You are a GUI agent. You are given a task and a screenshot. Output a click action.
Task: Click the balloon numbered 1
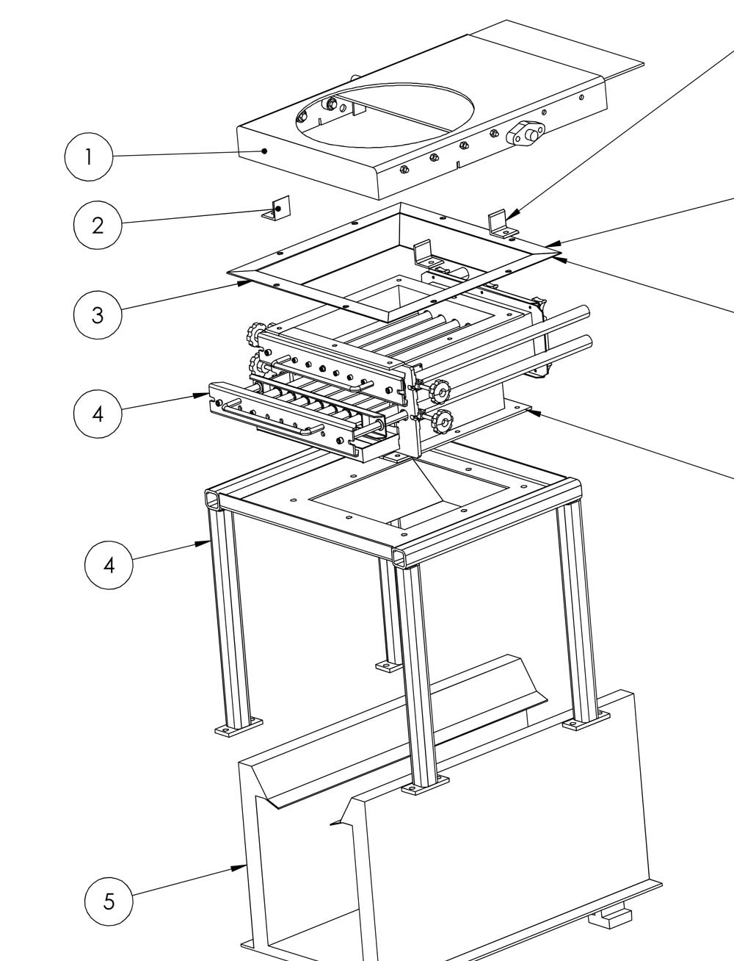tap(89, 156)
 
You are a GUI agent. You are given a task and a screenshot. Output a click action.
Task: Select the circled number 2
tap(98, 225)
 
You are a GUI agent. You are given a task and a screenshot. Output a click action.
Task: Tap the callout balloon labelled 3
tap(98, 314)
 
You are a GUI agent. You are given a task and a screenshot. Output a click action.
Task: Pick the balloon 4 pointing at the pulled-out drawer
tap(98, 414)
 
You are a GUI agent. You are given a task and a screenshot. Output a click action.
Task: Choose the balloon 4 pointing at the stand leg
tap(109, 565)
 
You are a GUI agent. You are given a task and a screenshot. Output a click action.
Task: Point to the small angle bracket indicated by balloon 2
tap(277, 207)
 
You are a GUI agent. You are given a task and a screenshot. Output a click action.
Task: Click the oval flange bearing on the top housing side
tap(526, 133)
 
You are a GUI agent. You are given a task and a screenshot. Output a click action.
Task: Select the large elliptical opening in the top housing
tap(385, 115)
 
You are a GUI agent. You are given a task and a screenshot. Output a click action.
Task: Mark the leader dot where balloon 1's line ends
tap(264, 151)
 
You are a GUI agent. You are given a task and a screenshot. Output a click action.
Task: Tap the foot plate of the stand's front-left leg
tap(239, 727)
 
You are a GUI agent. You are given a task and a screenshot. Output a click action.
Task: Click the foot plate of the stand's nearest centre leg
tap(425, 785)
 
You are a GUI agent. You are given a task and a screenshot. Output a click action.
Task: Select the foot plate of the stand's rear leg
tap(388, 666)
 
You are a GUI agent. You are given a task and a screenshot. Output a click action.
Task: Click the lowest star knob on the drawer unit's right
tap(441, 422)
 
